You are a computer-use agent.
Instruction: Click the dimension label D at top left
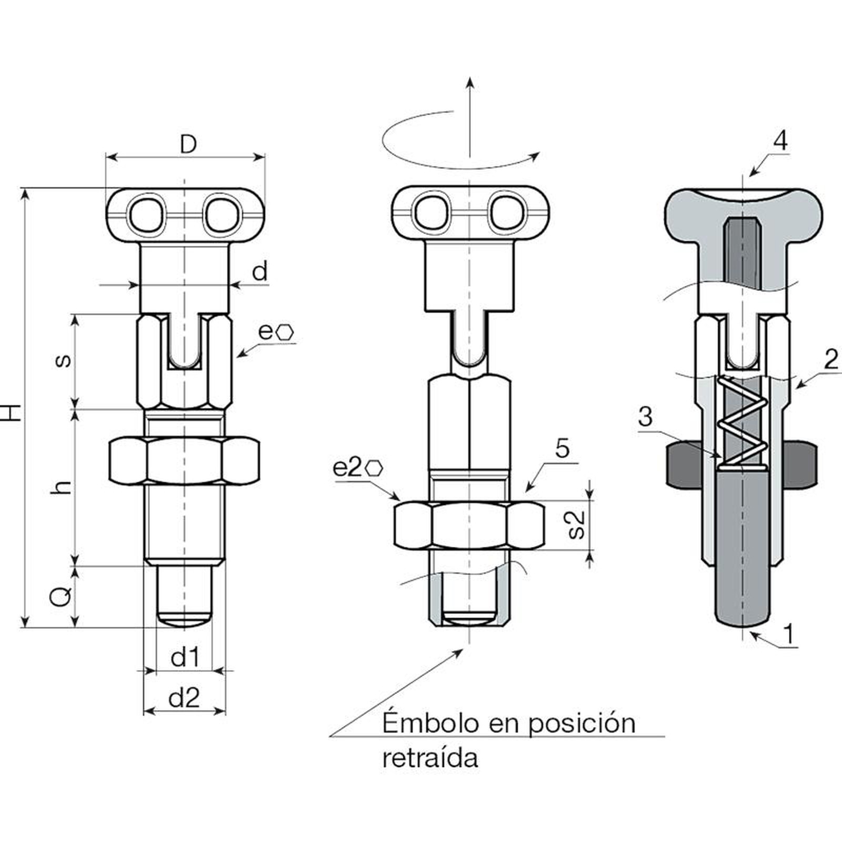pyautogui.click(x=188, y=144)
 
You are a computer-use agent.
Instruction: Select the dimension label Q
pyautogui.click(x=62, y=597)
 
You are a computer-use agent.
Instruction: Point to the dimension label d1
pyautogui.click(x=185, y=657)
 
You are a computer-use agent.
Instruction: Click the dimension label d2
pyautogui.click(x=184, y=698)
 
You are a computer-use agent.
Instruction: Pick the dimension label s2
pyautogui.click(x=577, y=525)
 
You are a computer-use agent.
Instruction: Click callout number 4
pyautogui.click(x=781, y=141)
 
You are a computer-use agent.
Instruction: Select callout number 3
pyautogui.click(x=645, y=417)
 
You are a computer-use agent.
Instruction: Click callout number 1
pyautogui.click(x=788, y=633)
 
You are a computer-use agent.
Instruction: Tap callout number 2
pyautogui.click(x=830, y=360)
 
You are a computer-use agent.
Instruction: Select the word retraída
pyautogui.click(x=430, y=758)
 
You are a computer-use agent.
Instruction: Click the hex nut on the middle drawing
pyautogui.click(x=469, y=525)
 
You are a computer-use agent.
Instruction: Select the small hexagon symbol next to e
pyautogui.click(x=286, y=332)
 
